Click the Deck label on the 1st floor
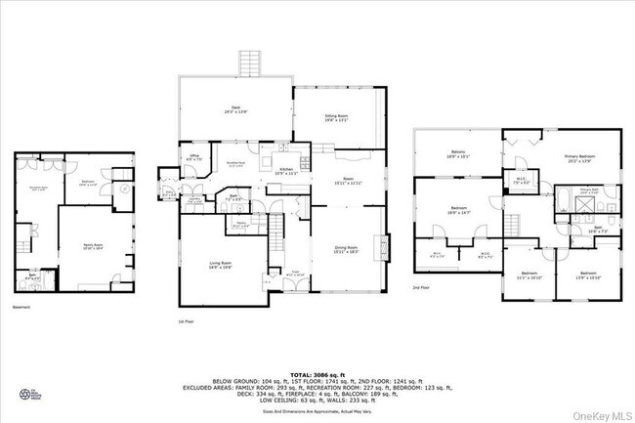tap(235, 110)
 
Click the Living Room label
tap(220, 265)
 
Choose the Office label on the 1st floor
tap(194, 158)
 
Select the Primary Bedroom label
tap(578, 158)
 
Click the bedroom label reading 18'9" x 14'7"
tap(459, 209)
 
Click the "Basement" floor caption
tap(22, 308)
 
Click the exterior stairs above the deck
tap(249, 64)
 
